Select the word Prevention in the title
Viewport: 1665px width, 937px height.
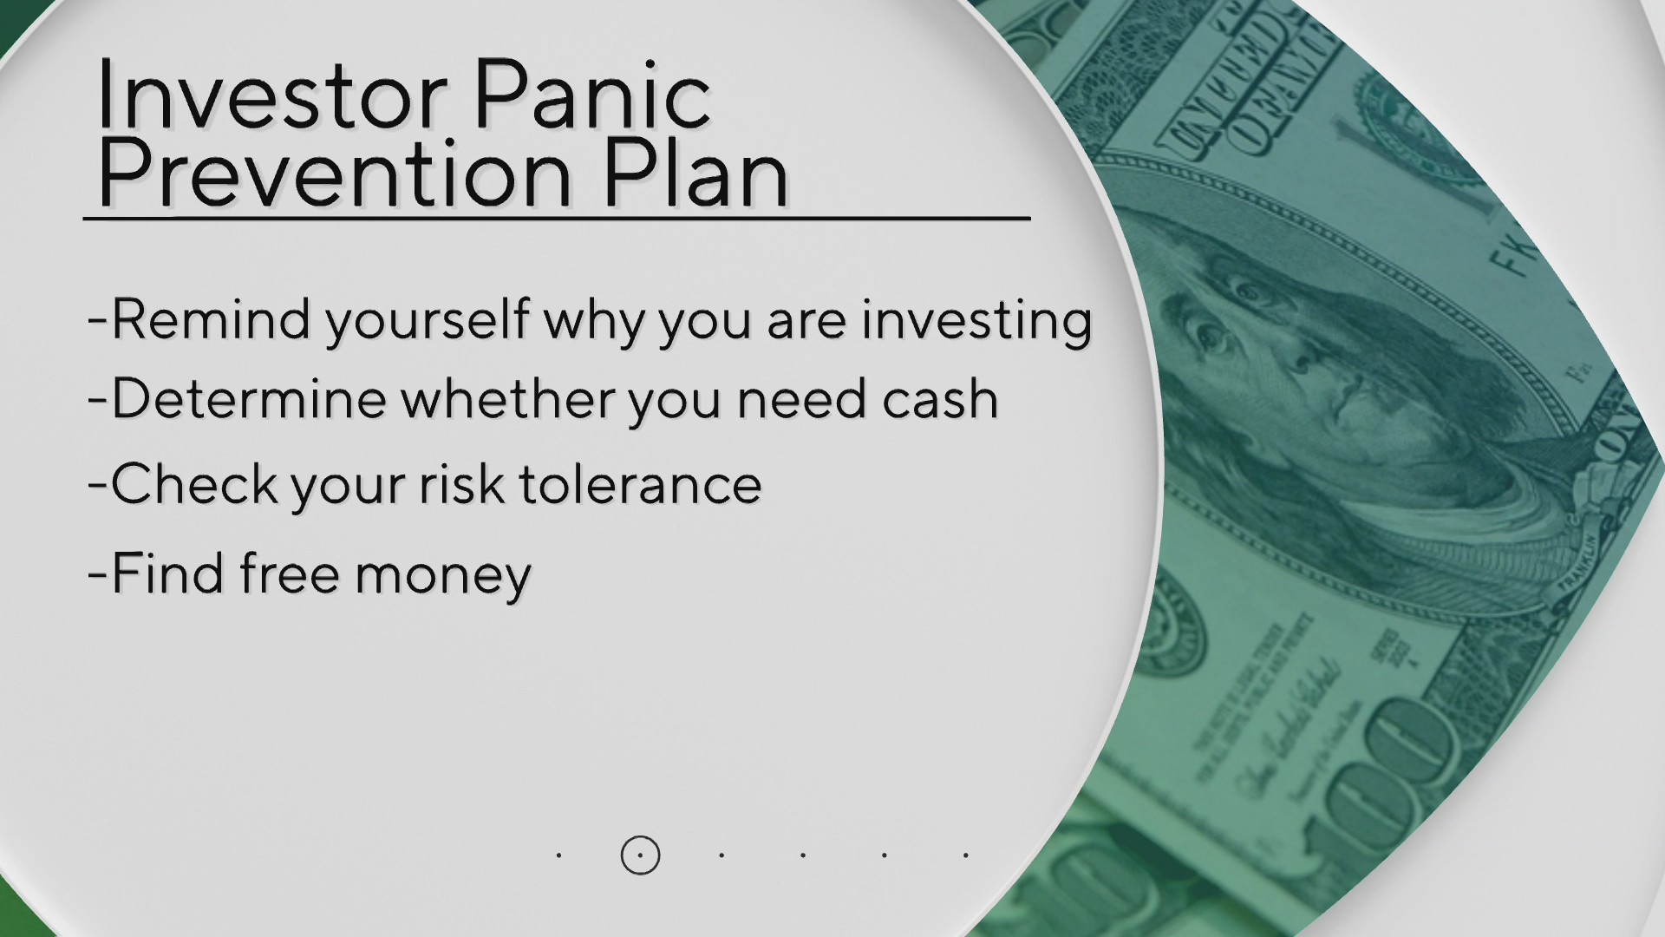tap(335, 174)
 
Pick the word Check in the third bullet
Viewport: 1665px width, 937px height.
tap(194, 483)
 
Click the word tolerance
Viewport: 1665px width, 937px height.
tap(641, 483)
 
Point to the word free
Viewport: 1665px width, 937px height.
tap(290, 573)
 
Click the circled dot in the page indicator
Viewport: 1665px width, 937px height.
tap(640, 855)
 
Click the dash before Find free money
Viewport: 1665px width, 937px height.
tap(96, 575)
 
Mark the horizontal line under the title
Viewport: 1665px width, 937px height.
tap(557, 218)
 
